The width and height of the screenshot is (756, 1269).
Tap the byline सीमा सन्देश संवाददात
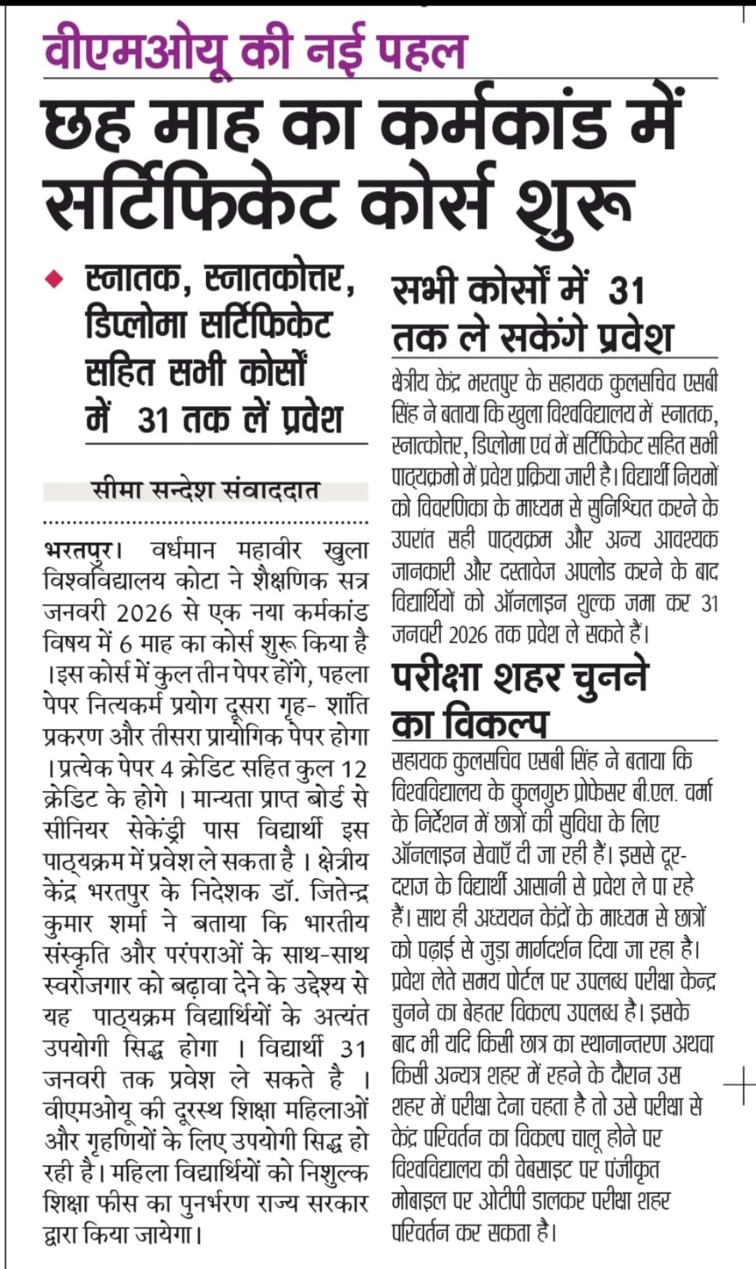tap(205, 490)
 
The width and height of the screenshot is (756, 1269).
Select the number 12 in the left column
tap(353, 769)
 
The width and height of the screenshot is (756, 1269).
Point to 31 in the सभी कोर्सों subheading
tap(626, 290)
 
